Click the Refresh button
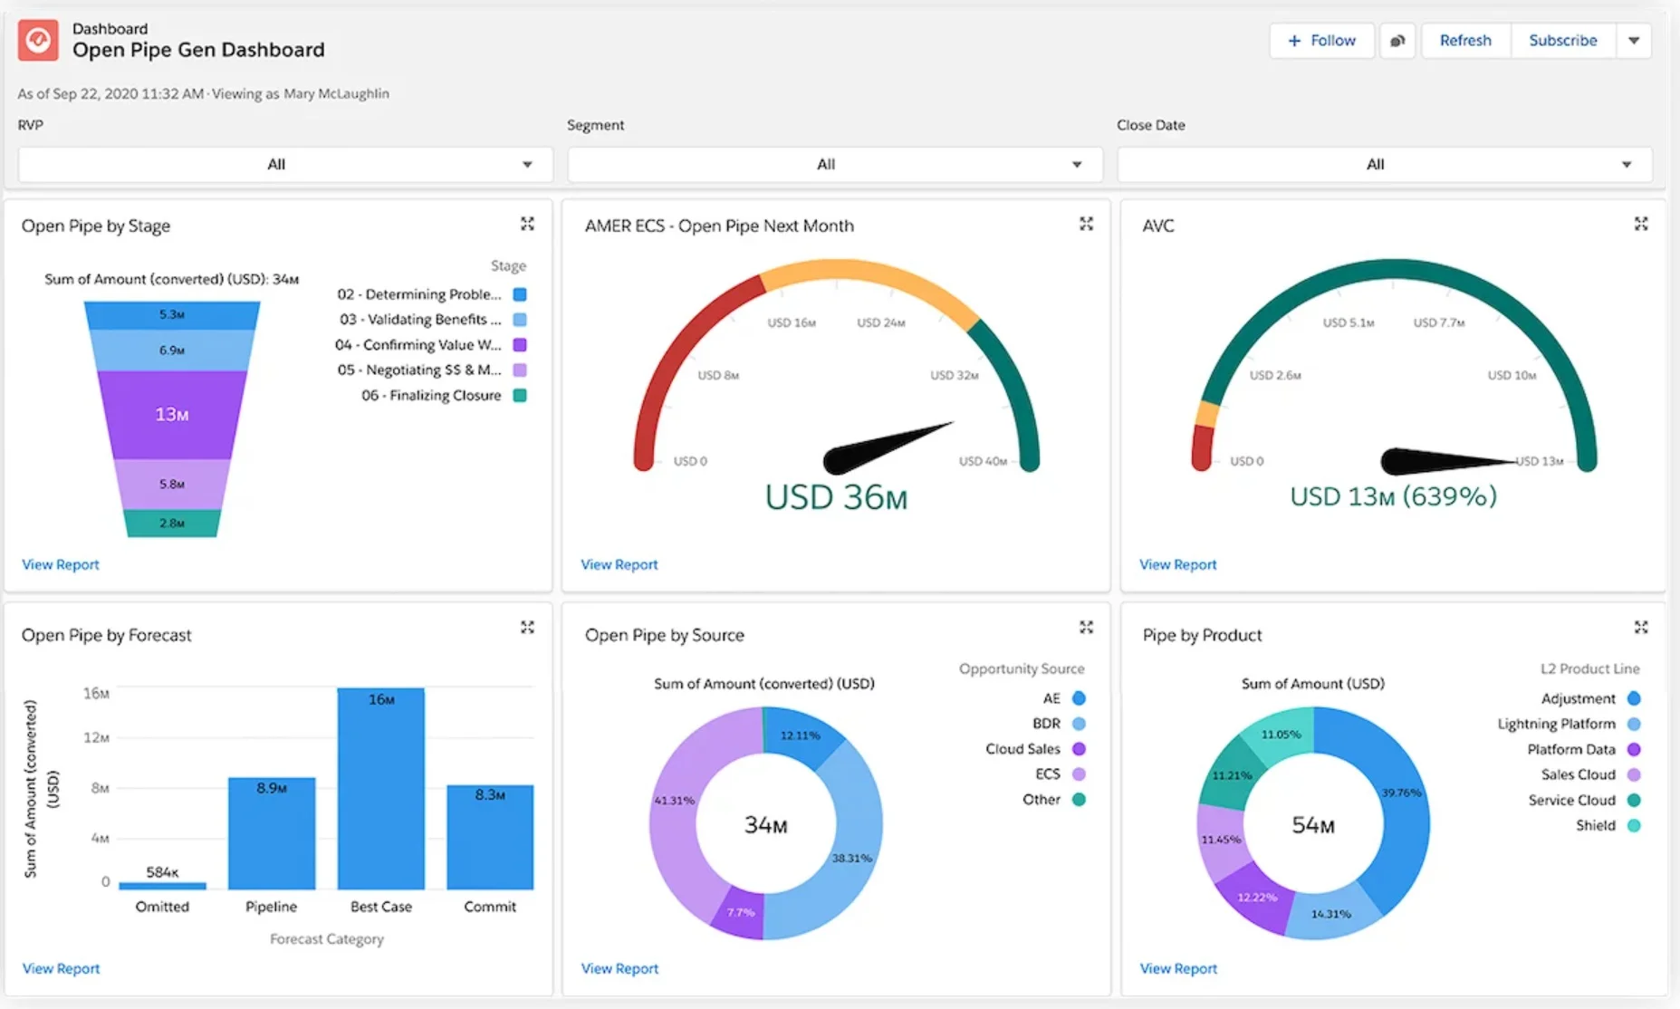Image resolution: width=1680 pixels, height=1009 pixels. click(1464, 41)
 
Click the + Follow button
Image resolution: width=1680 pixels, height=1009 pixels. click(1321, 41)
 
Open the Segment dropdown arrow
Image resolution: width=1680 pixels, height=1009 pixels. click(1077, 165)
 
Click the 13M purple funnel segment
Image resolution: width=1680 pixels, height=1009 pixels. click(172, 414)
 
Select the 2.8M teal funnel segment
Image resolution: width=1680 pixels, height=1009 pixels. click(172, 524)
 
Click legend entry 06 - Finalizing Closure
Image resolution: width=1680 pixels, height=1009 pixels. click(431, 396)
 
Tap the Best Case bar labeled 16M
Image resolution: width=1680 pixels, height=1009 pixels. click(380, 788)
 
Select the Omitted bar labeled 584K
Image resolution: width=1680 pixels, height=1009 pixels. click(162, 885)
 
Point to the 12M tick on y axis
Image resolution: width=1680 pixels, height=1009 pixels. click(96, 737)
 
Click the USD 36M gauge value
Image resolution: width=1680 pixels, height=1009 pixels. click(835, 497)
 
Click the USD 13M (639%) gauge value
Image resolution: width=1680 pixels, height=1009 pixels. click(1393, 496)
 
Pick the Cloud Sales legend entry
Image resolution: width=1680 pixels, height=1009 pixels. click(1022, 749)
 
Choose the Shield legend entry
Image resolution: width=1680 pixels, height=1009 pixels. click(1595, 825)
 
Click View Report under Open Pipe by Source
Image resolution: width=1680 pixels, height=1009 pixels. click(619, 968)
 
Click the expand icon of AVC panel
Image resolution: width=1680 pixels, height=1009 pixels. click(1640, 224)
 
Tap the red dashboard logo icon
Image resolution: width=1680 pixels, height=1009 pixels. click(38, 41)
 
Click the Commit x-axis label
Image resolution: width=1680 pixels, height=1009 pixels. click(489, 907)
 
